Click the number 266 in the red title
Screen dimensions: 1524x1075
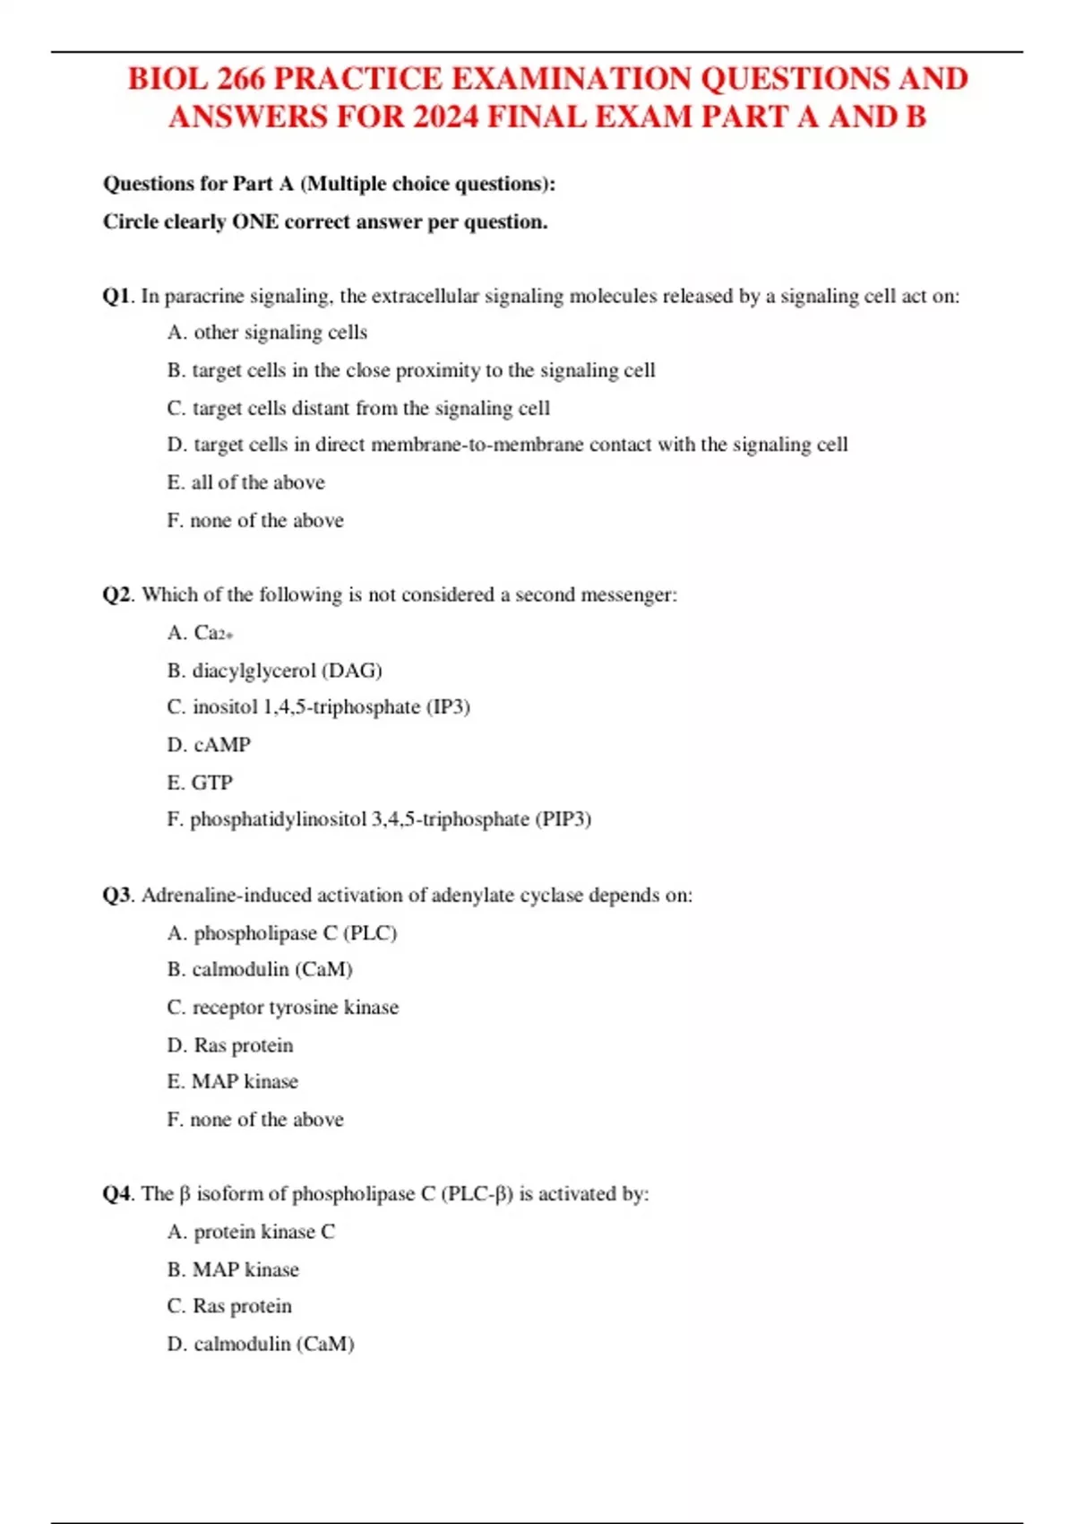(240, 79)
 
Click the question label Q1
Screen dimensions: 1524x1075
(116, 297)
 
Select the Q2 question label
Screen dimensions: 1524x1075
(116, 595)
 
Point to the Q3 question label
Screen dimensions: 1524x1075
(116, 896)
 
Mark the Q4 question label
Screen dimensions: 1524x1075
(116, 1194)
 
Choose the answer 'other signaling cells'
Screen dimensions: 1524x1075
(279, 333)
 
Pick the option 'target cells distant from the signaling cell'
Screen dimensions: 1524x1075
(371, 409)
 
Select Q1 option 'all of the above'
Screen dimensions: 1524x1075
(257, 483)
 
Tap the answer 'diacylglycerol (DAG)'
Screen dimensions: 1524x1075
(287, 671)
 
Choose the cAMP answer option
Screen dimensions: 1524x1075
(221, 745)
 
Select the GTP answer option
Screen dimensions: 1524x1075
(211, 783)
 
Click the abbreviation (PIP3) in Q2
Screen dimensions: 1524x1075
(563, 819)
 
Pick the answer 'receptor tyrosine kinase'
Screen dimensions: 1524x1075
(295, 1008)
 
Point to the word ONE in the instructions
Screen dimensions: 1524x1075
(255, 222)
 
